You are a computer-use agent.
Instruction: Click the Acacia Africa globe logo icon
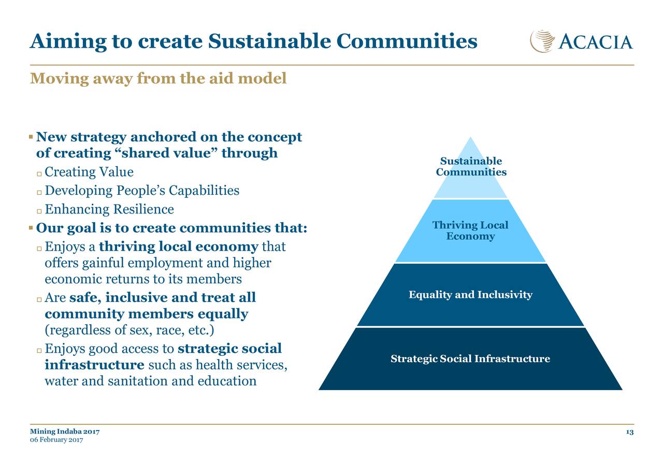tap(542, 41)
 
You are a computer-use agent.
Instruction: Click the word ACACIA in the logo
tap(596, 42)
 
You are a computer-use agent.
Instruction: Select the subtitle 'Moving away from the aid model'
tap(158, 78)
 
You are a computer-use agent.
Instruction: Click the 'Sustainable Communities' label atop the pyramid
tap(471, 166)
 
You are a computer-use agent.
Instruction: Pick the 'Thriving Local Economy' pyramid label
tap(470, 231)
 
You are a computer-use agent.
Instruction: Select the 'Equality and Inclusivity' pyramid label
tap(470, 295)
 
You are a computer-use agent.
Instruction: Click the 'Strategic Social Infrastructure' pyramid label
tap(470, 358)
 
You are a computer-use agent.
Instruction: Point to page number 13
tap(630, 432)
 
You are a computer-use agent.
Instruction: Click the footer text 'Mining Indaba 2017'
tap(65, 432)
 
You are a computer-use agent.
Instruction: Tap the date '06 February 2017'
tap(56, 440)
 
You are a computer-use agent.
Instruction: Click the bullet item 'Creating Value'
tap(89, 172)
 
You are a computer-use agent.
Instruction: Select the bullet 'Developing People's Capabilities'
tap(142, 191)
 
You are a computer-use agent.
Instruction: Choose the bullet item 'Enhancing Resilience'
tap(109, 209)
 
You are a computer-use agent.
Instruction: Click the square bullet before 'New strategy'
tap(31, 137)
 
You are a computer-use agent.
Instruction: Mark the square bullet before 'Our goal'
tap(31, 228)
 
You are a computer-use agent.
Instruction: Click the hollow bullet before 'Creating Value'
tap(39, 174)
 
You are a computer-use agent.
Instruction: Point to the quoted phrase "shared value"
tap(164, 153)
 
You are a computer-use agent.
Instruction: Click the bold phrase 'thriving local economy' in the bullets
tap(179, 247)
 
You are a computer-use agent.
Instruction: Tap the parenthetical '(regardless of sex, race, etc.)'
tap(129, 330)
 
